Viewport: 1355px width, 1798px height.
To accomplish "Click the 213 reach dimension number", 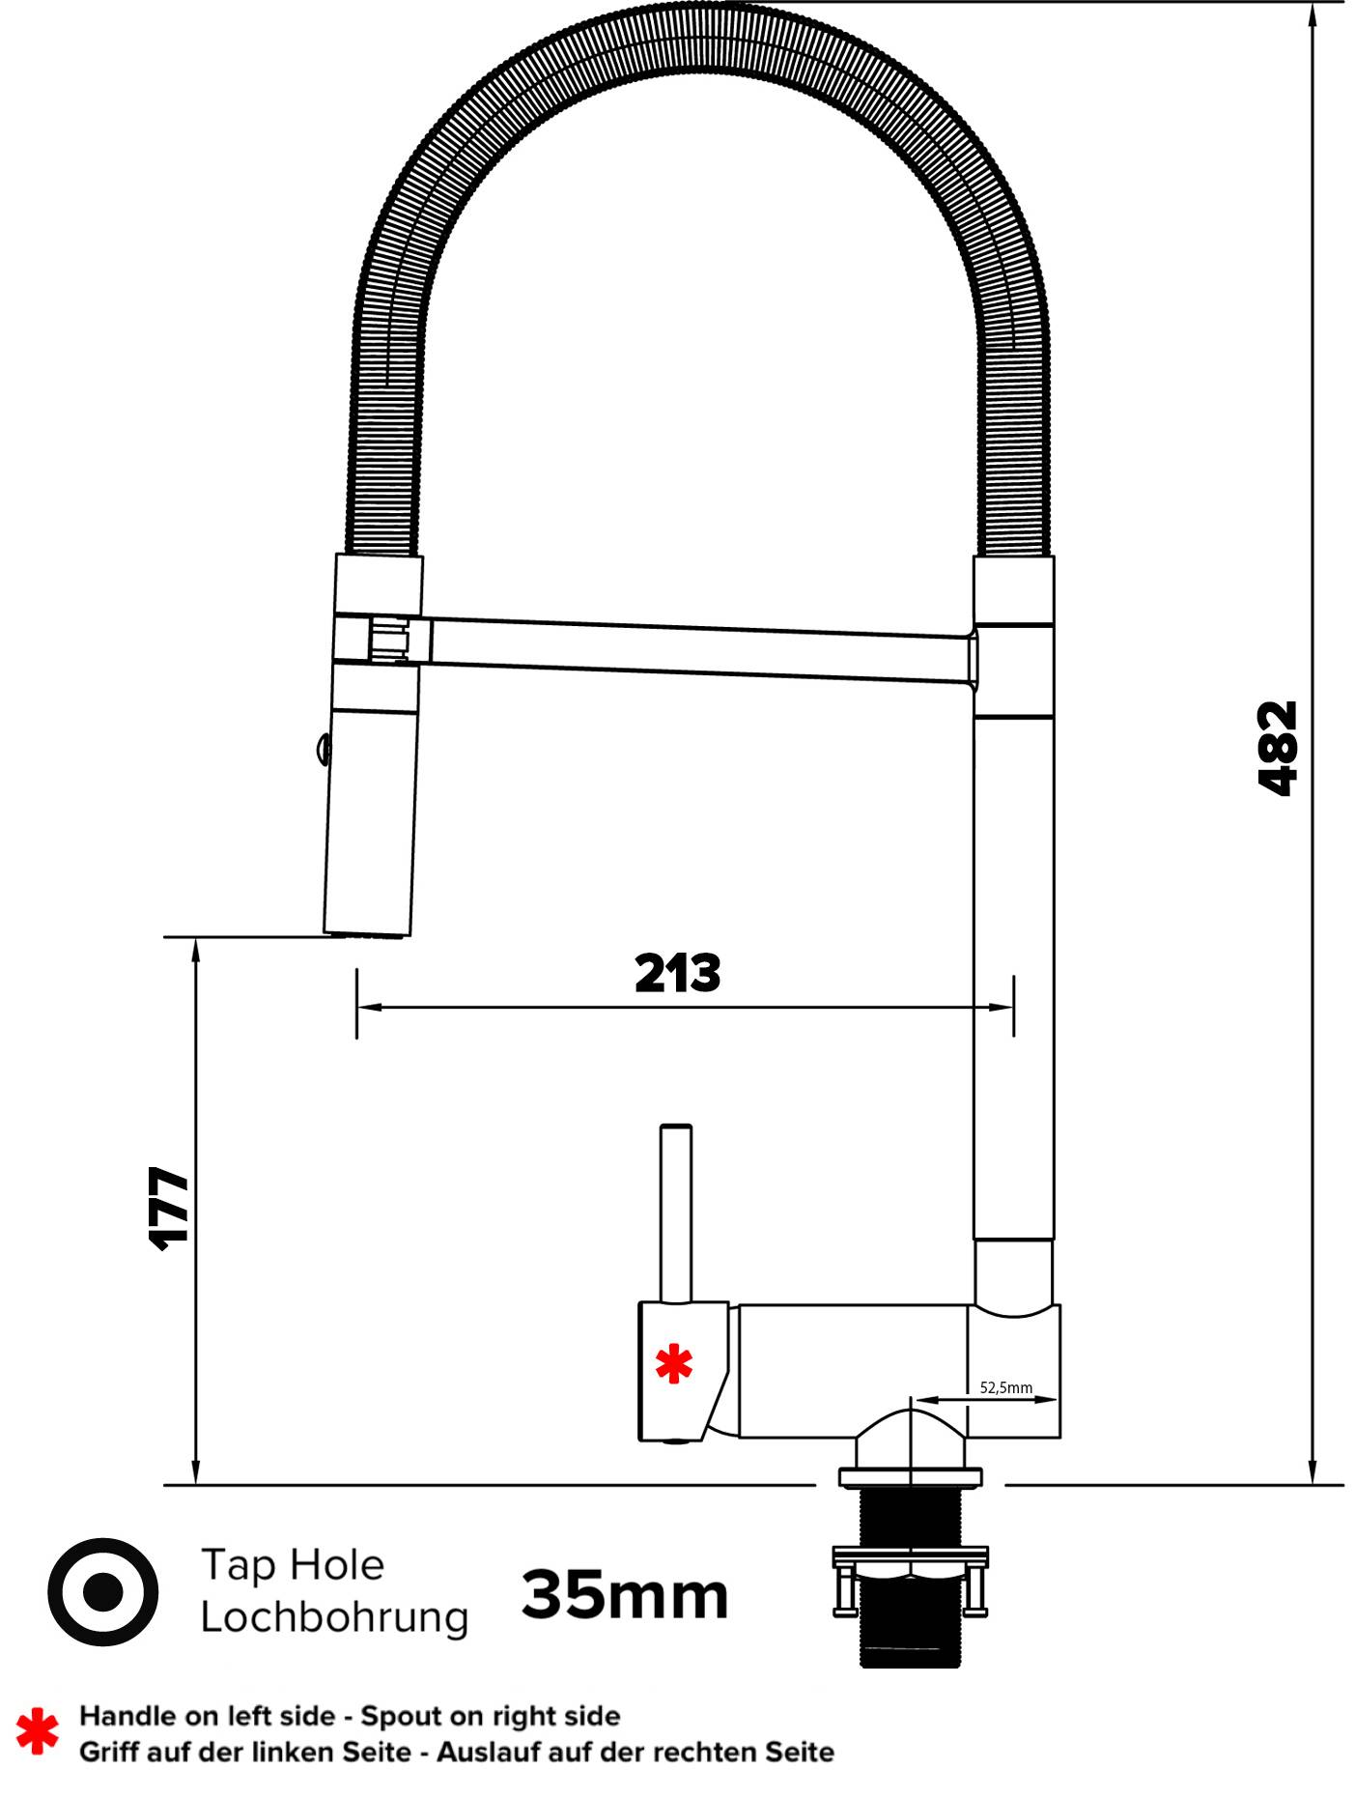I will tap(677, 974).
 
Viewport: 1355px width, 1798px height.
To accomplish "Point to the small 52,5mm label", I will tap(1005, 1387).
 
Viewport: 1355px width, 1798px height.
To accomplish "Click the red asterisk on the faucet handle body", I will tap(674, 1364).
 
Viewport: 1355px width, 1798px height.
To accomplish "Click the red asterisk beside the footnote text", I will tap(37, 1732).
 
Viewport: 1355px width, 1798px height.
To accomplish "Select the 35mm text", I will tap(625, 1595).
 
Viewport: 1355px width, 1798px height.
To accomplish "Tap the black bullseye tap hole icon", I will tap(103, 1591).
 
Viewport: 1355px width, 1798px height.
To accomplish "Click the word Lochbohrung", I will tap(334, 1617).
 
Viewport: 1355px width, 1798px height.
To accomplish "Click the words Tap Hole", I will tap(293, 1564).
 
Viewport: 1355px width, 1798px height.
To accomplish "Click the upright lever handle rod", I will tap(675, 1213).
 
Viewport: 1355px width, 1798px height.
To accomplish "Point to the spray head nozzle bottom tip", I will tap(366, 932).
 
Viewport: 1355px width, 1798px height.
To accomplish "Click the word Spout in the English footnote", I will tap(396, 1716).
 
